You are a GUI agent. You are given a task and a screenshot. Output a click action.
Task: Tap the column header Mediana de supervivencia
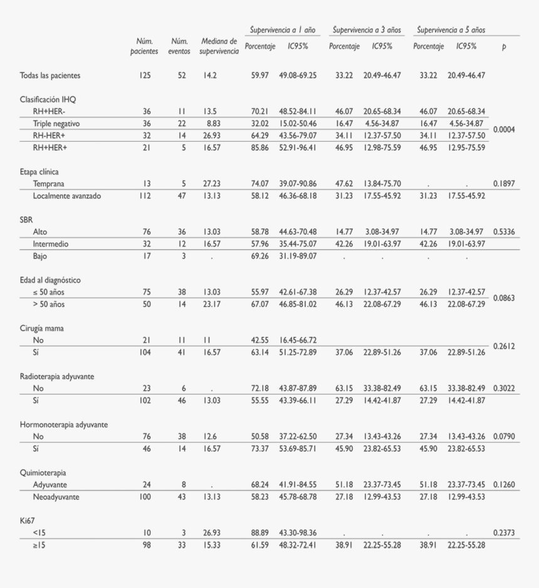[x=219, y=46]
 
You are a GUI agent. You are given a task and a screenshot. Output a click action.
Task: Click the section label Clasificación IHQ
[x=48, y=99]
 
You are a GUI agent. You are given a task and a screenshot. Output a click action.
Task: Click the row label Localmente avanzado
[x=67, y=196]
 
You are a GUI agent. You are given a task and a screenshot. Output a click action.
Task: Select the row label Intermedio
[x=51, y=244]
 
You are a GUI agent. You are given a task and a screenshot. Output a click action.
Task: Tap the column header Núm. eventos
[x=179, y=46]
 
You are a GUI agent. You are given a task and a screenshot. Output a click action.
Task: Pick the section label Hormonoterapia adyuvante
[x=64, y=425]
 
